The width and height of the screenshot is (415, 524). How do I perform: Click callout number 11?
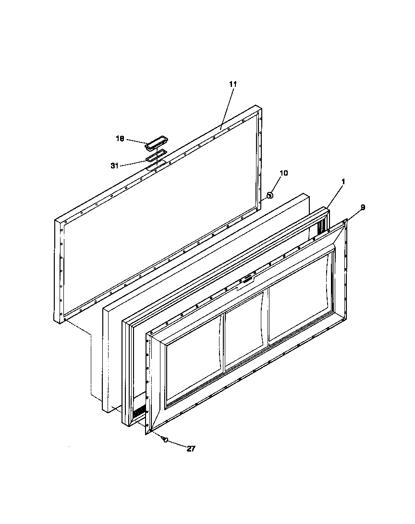(x=233, y=84)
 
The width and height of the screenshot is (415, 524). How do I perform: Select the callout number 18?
(x=120, y=138)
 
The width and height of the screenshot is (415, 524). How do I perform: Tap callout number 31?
(x=115, y=166)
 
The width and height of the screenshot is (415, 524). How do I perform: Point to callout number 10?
(x=283, y=173)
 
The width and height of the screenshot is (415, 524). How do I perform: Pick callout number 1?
(x=343, y=181)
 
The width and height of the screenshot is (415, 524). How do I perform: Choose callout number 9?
(x=363, y=207)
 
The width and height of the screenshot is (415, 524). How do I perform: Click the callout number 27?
(x=191, y=449)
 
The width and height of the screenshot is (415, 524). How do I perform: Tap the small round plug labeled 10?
(x=270, y=195)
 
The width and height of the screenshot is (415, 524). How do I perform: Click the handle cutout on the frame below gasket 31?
(x=156, y=166)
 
